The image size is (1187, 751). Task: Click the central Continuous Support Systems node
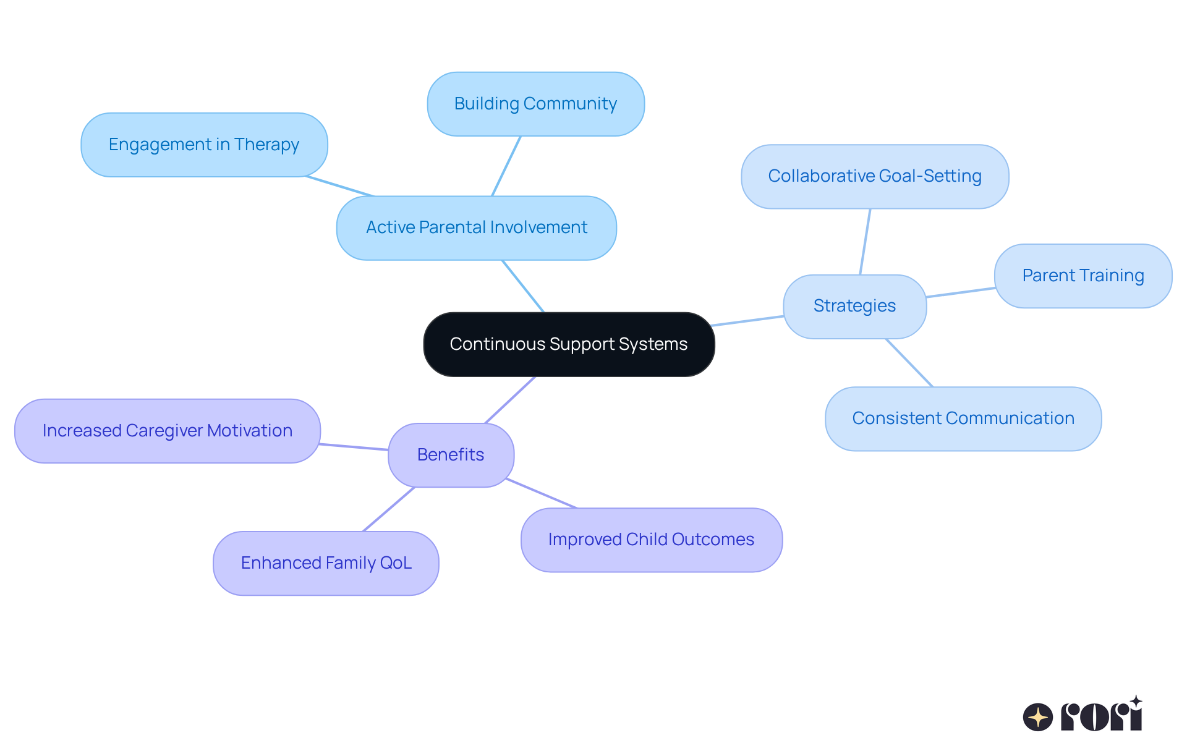click(x=569, y=344)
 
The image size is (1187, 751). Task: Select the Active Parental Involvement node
click(x=476, y=227)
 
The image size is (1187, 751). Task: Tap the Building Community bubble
click(x=535, y=104)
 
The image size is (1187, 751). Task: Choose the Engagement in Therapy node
click(x=204, y=145)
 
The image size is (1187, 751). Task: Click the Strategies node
click(x=854, y=306)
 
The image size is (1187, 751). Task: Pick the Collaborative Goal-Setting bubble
click(x=875, y=176)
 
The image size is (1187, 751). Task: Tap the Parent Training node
click(x=1083, y=276)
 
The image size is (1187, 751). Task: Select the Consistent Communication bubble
click(x=963, y=418)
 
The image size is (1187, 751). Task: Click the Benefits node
click(x=451, y=455)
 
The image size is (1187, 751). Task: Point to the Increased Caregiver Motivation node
click(x=167, y=431)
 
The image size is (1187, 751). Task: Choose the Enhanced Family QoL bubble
click(x=326, y=563)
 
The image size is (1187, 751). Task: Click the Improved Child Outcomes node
click(x=651, y=540)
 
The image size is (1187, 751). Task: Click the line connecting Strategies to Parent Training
click(x=960, y=292)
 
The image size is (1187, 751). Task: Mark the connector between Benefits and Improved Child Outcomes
click(x=542, y=493)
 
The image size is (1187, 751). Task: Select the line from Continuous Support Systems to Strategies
click(x=748, y=321)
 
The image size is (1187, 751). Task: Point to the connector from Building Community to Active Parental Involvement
click(x=506, y=166)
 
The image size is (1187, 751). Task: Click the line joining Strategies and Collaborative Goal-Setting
click(x=865, y=242)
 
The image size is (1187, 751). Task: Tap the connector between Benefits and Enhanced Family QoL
click(x=389, y=509)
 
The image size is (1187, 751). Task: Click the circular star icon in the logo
click(x=1038, y=717)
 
